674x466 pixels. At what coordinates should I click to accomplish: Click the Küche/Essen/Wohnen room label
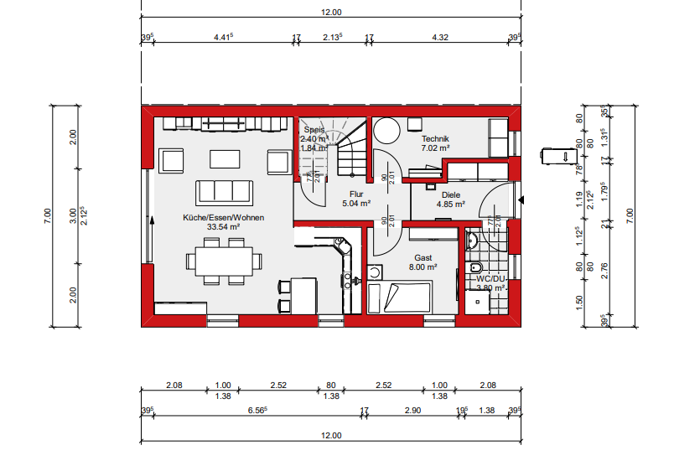tap(224, 217)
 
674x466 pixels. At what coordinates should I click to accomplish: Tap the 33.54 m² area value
tap(224, 226)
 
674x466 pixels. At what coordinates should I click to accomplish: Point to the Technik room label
tap(436, 138)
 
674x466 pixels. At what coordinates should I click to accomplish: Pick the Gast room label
tap(422, 257)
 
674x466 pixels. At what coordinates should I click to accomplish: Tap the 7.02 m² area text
tap(436, 148)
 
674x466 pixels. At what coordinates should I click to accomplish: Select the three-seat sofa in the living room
tap(224, 192)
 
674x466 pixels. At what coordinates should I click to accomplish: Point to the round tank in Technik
tap(386, 132)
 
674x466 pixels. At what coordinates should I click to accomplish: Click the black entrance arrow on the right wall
tap(521, 200)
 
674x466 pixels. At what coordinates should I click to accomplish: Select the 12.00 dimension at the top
tap(332, 13)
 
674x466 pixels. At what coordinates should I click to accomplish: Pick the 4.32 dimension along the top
tap(439, 37)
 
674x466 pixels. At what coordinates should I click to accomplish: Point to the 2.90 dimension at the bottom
tap(412, 411)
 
